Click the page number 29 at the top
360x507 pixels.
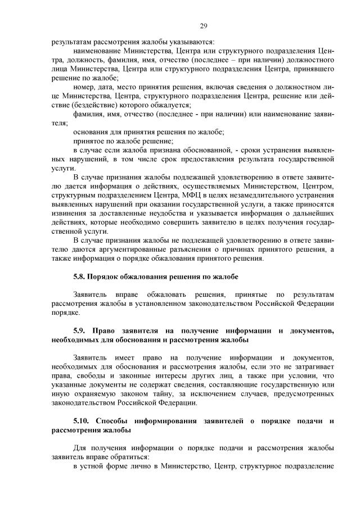point(203,26)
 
